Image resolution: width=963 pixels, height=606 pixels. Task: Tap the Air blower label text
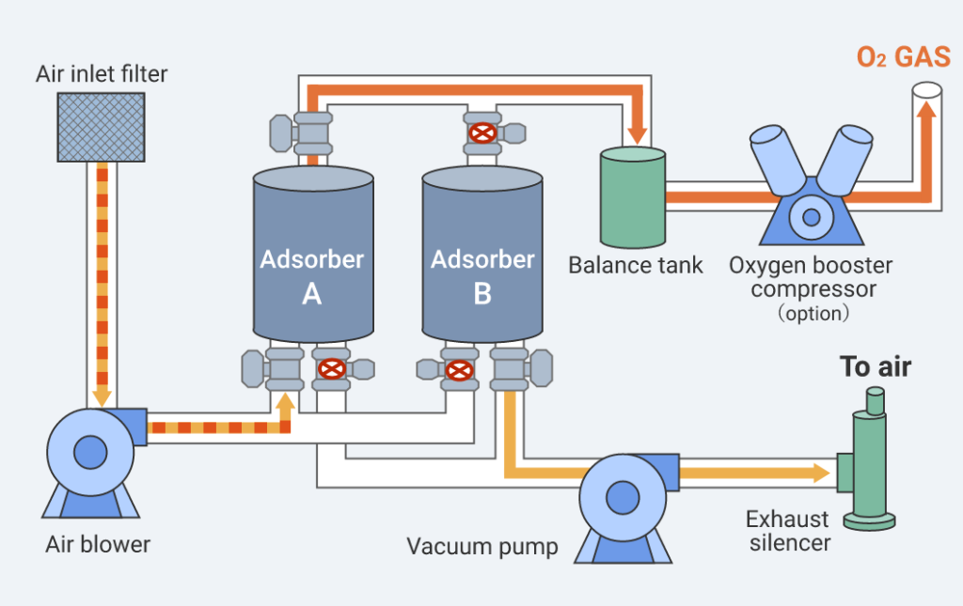click(98, 544)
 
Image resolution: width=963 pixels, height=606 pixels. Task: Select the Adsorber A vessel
click(312, 254)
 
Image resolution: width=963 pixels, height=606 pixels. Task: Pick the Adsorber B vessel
click(481, 254)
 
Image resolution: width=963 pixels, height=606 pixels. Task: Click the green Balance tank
click(633, 196)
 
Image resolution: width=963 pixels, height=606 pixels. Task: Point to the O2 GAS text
click(903, 57)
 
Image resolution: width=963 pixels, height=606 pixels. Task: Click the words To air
click(876, 366)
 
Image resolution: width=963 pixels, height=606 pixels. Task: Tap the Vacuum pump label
click(482, 546)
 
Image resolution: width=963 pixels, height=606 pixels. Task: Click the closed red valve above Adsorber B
click(482, 133)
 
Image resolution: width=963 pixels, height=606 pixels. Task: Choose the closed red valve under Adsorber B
click(458, 369)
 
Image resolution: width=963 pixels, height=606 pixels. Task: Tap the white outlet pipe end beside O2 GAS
click(927, 92)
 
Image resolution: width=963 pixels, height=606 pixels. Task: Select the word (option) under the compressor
click(812, 313)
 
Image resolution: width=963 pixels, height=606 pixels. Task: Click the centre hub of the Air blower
click(89, 449)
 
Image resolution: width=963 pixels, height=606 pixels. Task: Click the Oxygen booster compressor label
click(811, 277)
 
